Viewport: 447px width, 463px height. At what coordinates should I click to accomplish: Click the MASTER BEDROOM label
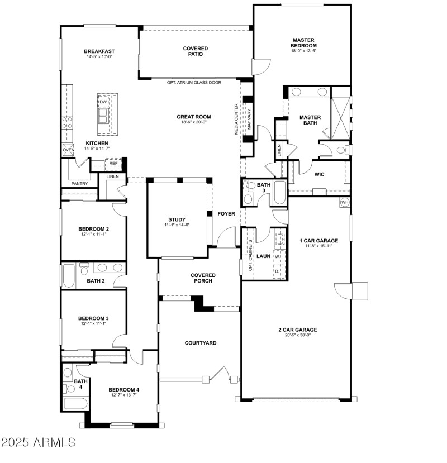[x=303, y=42]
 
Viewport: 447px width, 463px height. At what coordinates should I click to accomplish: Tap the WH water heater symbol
[x=344, y=202]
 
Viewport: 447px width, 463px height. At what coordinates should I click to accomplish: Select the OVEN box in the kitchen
[x=68, y=150]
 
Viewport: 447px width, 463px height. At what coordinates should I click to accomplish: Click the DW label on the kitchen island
[x=103, y=102]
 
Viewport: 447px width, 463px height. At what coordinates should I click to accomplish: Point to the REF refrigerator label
[x=113, y=164]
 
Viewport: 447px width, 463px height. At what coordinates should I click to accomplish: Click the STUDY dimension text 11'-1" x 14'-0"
[x=177, y=225]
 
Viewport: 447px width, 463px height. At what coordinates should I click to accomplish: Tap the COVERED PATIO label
[x=196, y=51]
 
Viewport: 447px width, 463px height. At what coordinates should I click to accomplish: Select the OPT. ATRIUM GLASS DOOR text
[x=194, y=83]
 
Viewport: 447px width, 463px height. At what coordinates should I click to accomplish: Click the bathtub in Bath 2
[x=69, y=275]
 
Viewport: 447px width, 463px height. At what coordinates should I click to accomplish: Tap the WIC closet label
[x=319, y=174]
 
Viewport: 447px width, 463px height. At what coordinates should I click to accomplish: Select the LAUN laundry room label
[x=263, y=256]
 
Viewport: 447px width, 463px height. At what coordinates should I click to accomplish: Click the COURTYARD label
[x=200, y=343]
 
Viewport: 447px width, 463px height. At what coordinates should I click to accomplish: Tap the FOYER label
[x=226, y=213]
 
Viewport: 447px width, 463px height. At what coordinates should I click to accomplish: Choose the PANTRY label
[x=79, y=184]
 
